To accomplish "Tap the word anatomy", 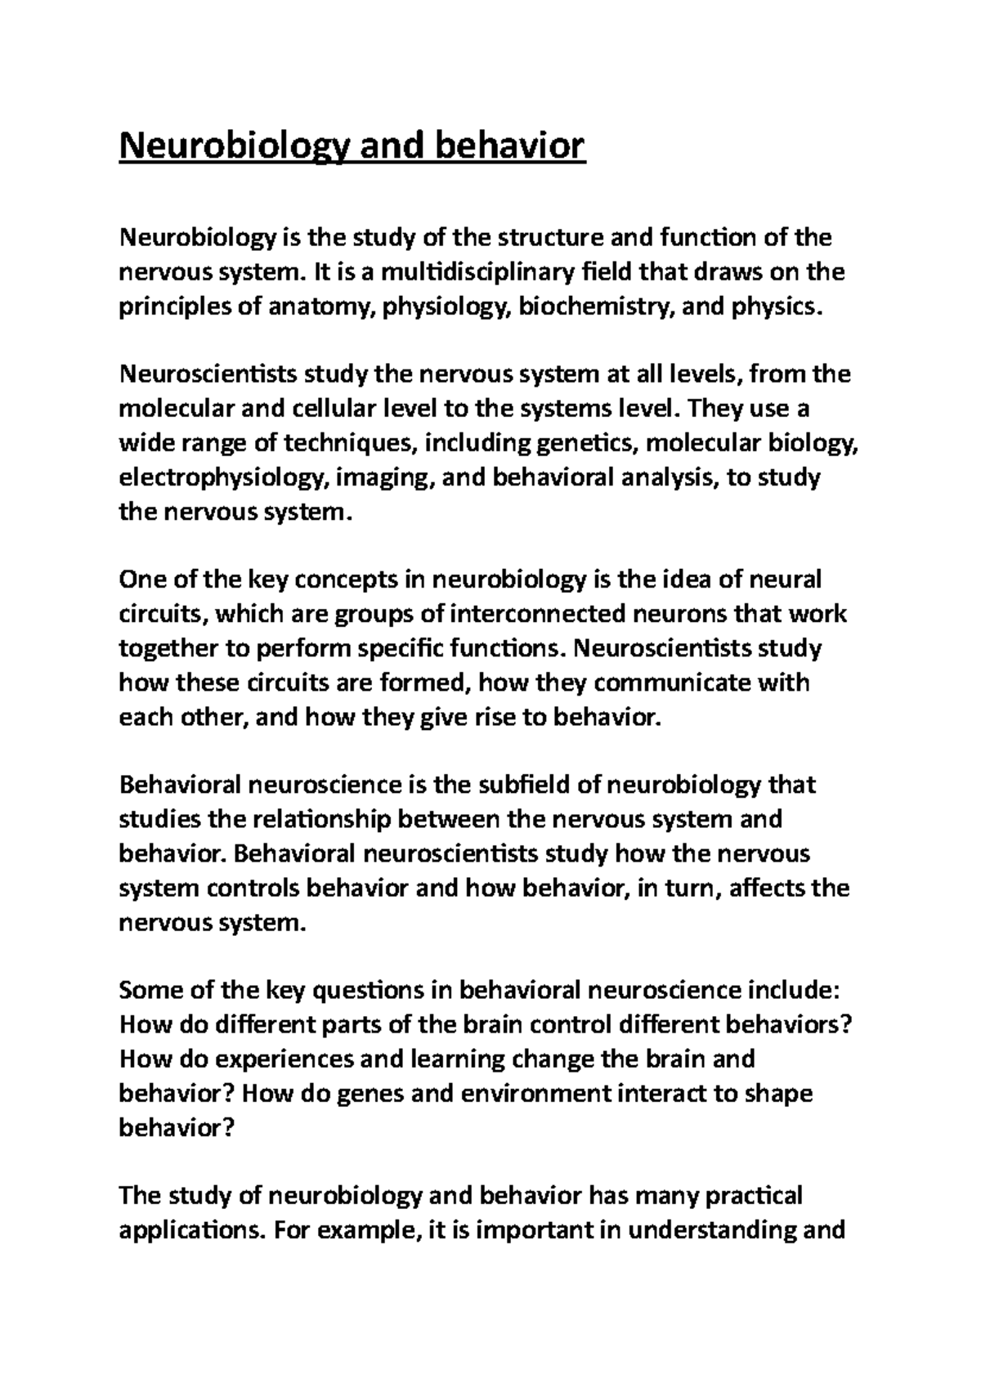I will pos(325,307).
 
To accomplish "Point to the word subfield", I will pos(519,786).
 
